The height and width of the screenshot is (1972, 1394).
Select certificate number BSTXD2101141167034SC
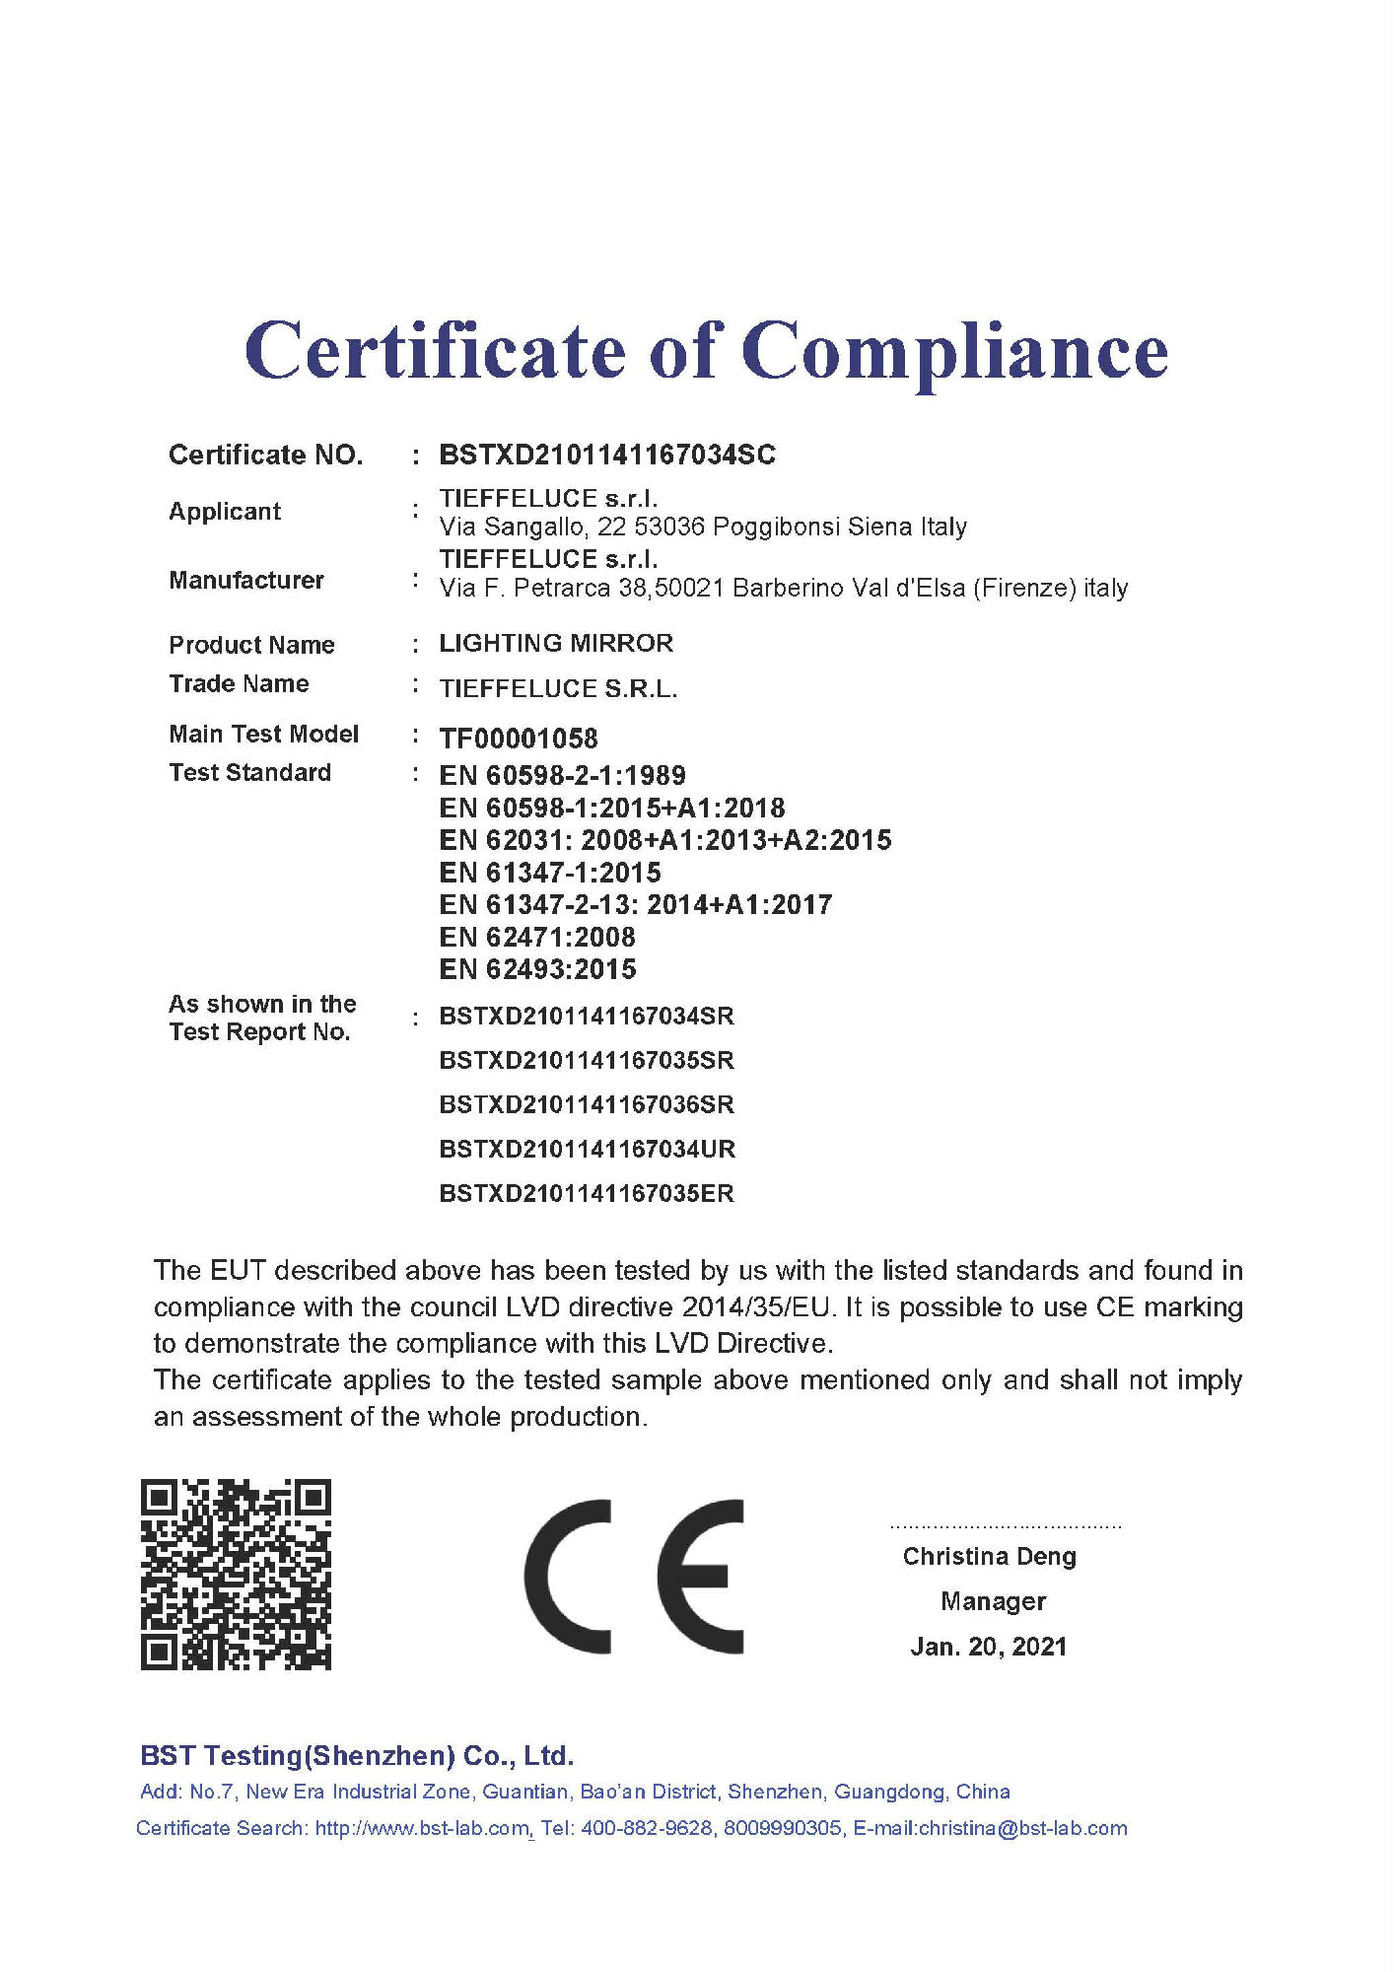pos(607,455)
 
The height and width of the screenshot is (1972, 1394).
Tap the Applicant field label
pos(225,512)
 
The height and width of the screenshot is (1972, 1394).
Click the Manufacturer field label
pos(246,580)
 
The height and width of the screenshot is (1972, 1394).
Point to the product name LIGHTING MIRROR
pos(556,644)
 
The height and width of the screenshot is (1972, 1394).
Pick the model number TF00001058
pos(519,739)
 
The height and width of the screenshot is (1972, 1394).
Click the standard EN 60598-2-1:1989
pos(562,775)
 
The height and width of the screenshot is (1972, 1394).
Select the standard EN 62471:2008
pos(537,937)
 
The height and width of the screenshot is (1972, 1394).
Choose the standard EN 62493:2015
pos(537,969)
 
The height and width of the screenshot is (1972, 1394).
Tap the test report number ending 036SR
pos(587,1104)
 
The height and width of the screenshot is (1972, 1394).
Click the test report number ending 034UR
pos(587,1149)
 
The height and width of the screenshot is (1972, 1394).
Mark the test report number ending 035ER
pos(587,1193)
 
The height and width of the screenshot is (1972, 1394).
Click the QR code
pos(236,1575)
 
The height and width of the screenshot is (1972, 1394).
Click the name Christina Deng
pos(990,1557)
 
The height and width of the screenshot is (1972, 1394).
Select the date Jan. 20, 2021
pos(989,1647)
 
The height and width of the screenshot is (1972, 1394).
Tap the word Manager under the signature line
pos(993,1601)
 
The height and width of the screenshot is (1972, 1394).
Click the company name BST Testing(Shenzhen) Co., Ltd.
pos(357,1756)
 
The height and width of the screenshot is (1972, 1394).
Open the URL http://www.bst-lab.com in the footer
pos(422,1829)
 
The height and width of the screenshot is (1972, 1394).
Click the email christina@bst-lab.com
pos(1022,1829)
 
